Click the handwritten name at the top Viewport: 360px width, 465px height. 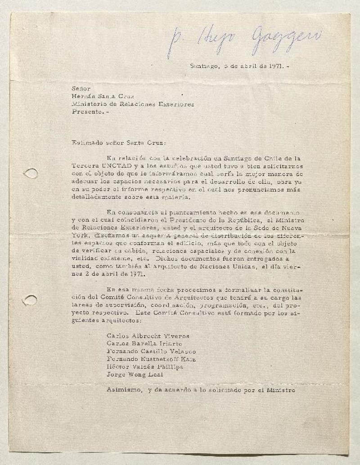(x=243, y=40)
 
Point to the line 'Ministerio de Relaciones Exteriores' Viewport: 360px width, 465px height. (x=133, y=104)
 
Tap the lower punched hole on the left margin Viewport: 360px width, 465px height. (x=30, y=300)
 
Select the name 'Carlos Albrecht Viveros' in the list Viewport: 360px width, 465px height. (x=148, y=336)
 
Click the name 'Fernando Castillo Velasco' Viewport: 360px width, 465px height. (x=151, y=351)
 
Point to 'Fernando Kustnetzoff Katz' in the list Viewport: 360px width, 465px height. (x=151, y=359)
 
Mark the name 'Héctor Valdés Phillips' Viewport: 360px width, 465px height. (x=145, y=367)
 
